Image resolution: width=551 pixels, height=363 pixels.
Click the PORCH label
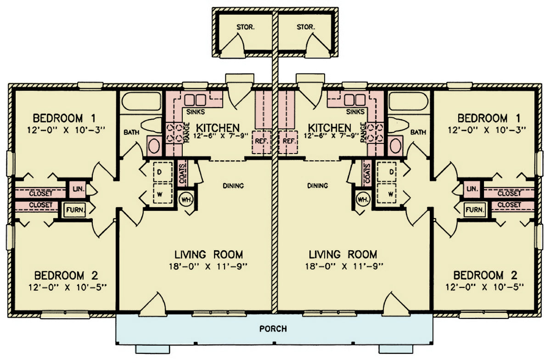tap(273, 329)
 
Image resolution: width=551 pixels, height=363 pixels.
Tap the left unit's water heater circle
tap(186, 199)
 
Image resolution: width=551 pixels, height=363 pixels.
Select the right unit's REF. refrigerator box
tap(288, 142)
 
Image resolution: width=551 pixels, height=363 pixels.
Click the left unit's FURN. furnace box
tap(75, 210)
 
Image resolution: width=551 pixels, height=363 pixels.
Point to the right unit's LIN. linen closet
tap(472, 189)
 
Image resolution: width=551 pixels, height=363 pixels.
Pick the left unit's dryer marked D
tap(163, 172)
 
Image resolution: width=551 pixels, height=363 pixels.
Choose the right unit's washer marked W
tap(387, 193)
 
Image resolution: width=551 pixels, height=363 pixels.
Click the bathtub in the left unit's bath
tap(141, 101)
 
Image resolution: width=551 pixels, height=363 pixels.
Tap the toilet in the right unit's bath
tap(398, 125)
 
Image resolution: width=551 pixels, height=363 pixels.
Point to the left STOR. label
tap(246, 27)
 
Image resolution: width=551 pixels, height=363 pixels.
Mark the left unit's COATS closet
tap(182, 173)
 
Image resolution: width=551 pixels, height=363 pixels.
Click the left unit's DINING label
tap(233, 186)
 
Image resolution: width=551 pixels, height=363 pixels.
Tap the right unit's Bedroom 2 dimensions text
tap(484, 287)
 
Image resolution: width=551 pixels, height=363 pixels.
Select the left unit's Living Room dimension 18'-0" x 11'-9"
tap(208, 266)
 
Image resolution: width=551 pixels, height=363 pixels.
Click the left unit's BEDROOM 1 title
tap(64, 118)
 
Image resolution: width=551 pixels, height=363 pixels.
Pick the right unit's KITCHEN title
tap(330, 128)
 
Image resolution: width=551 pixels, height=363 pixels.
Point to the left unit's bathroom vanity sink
tap(154, 146)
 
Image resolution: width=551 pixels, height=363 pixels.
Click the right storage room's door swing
tap(318, 45)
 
